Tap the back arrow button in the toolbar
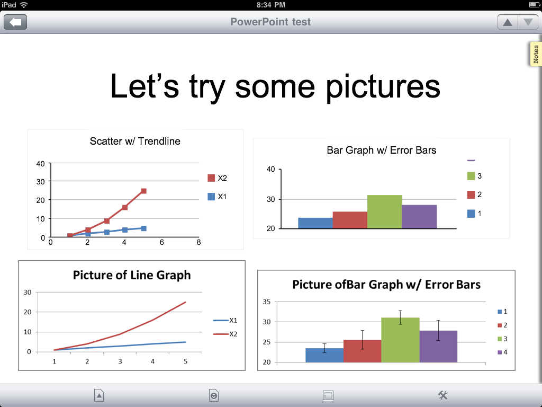[15, 22]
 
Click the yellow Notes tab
[536, 54]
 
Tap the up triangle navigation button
[508, 22]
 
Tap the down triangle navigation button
[528, 22]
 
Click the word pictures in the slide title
[383, 87]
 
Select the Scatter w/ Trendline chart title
[135, 141]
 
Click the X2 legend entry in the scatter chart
[217, 178]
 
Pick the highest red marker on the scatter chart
[144, 191]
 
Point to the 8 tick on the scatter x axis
[198, 242]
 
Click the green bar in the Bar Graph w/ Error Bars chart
[384, 212]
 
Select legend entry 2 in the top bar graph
[474, 194]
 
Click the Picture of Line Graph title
[132, 275]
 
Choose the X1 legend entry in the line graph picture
[225, 321]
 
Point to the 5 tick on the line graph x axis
[186, 361]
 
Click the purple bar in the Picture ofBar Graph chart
[438, 347]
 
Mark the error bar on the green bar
[400, 317]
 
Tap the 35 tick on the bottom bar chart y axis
[267, 302]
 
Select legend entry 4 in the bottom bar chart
[502, 352]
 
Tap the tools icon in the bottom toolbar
[443, 395]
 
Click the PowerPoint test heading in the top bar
[270, 22]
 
